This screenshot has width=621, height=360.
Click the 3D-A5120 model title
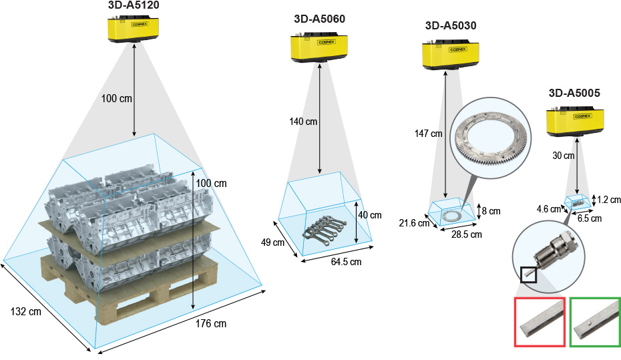134,5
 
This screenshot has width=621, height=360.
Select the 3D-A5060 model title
319,19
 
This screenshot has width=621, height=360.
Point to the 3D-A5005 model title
574,93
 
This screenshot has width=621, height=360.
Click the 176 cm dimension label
211,324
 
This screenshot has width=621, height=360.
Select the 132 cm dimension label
25,311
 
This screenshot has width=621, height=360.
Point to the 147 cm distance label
428,134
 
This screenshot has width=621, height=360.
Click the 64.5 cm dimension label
346,262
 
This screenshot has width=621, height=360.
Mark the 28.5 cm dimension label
466,234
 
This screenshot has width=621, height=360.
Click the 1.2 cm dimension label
609,199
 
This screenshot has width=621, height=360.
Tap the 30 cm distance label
564,156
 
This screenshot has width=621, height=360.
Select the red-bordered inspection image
540,322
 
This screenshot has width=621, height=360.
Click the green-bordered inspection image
595,322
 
